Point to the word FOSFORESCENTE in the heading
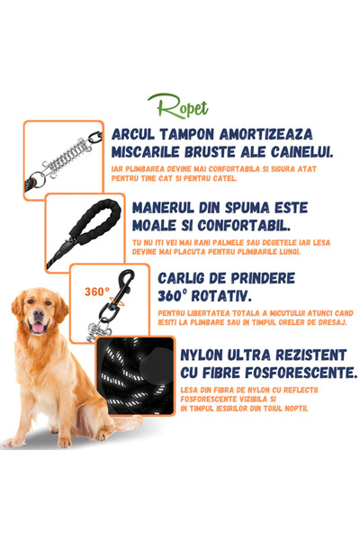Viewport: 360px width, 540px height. click(x=293, y=373)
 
